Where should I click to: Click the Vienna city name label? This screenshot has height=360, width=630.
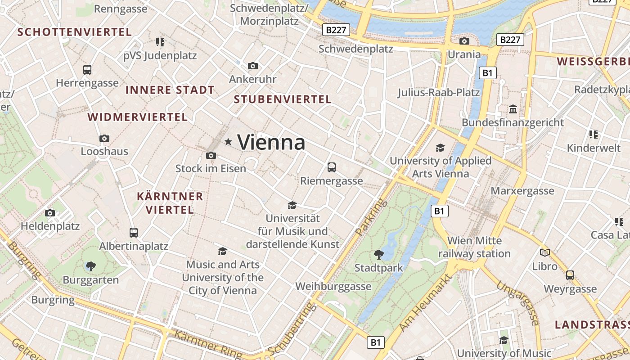coord(271,143)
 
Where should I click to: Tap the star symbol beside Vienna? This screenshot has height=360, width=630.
coord(228,142)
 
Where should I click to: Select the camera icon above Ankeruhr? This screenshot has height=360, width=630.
coord(253,66)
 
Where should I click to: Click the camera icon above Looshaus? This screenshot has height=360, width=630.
coord(104,138)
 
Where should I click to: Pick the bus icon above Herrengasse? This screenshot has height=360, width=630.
coord(87,70)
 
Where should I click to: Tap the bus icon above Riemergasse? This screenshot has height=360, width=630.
coord(332,167)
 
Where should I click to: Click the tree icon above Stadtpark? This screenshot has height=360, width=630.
coord(379,255)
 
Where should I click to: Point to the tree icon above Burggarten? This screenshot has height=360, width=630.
coord(91,266)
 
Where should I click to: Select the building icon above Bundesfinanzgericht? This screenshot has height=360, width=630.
coord(513,109)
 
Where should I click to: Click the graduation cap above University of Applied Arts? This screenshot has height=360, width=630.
coord(440,148)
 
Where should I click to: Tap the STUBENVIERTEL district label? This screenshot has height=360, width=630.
coord(283,99)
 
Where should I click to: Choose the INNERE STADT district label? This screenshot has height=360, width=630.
coord(170,90)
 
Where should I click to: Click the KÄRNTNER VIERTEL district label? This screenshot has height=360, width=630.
coord(170,203)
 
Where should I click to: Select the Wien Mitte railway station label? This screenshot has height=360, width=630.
coord(474,247)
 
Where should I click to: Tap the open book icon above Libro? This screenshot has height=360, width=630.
coord(545,252)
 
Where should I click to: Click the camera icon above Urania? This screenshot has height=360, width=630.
coord(464,41)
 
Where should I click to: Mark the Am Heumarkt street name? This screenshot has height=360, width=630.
coord(425,302)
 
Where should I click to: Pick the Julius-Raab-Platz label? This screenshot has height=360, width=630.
coord(438,93)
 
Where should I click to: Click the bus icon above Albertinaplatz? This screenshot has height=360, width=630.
coord(134,233)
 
